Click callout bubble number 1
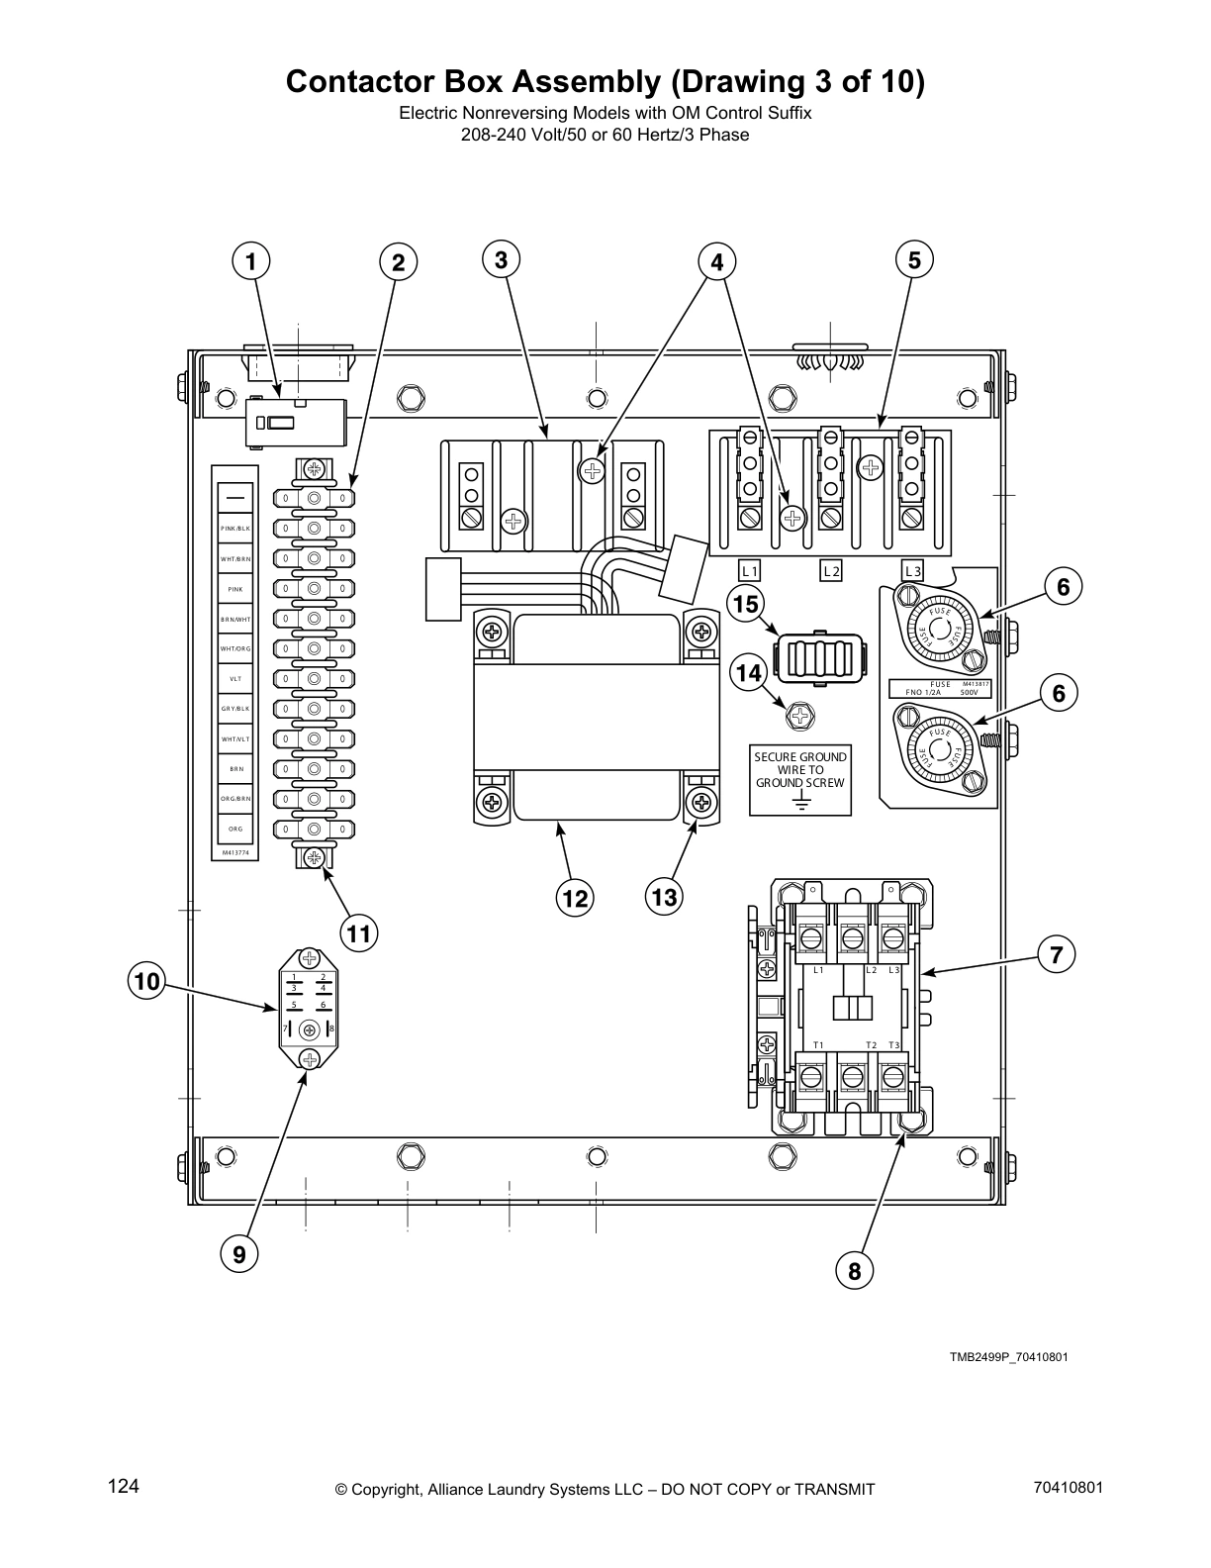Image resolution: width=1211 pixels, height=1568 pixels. pyautogui.click(x=251, y=261)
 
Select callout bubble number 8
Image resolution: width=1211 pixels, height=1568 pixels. pyautogui.click(x=854, y=1270)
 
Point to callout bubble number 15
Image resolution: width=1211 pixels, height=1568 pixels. pyautogui.click(x=745, y=603)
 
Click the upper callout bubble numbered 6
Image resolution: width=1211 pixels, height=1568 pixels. pyautogui.click(x=1063, y=587)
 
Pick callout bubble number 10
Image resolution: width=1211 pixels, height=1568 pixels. pyautogui.click(x=146, y=981)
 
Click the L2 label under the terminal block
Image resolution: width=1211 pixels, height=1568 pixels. pyautogui.click(x=831, y=571)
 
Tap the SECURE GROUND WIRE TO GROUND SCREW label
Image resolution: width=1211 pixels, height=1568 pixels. pyautogui.click(x=799, y=769)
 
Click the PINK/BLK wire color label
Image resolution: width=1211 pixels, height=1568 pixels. pyautogui.click(x=235, y=529)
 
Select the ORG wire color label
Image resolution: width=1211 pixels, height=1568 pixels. pyautogui.click(x=235, y=829)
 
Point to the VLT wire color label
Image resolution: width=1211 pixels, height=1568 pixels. pyautogui.click(x=235, y=679)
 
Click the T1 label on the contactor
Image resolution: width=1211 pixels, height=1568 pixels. pyautogui.click(x=818, y=1045)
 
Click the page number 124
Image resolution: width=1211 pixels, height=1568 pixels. pyautogui.click(x=123, y=1486)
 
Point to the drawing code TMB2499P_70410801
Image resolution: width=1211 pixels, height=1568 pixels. pyautogui.click(x=1008, y=1356)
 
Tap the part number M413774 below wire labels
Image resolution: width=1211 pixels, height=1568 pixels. pyautogui.click(x=235, y=851)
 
